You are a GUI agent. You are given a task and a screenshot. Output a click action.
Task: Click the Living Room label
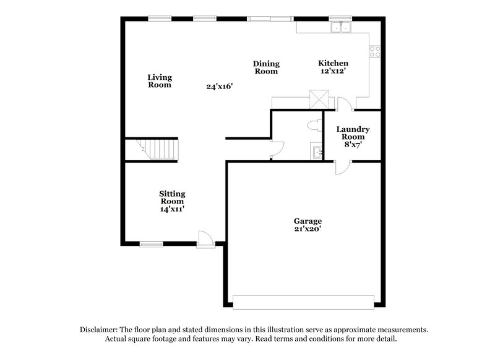[160, 81]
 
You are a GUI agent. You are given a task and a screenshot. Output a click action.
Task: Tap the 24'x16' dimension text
[220, 87]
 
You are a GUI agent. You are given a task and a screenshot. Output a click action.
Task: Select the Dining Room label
[266, 67]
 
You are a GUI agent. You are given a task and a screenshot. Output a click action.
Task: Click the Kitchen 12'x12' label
[333, 67]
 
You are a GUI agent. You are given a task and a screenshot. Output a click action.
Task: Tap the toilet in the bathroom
[313, 126]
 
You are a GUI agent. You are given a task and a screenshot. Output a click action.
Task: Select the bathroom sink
[317, 152]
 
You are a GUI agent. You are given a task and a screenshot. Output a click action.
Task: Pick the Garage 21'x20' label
[307, 225]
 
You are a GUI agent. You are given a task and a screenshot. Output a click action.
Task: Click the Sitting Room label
[172, 201]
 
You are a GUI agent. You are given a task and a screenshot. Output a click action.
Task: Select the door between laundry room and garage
[342, 167]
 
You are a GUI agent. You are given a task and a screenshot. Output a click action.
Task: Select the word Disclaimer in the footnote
[100, 330]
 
